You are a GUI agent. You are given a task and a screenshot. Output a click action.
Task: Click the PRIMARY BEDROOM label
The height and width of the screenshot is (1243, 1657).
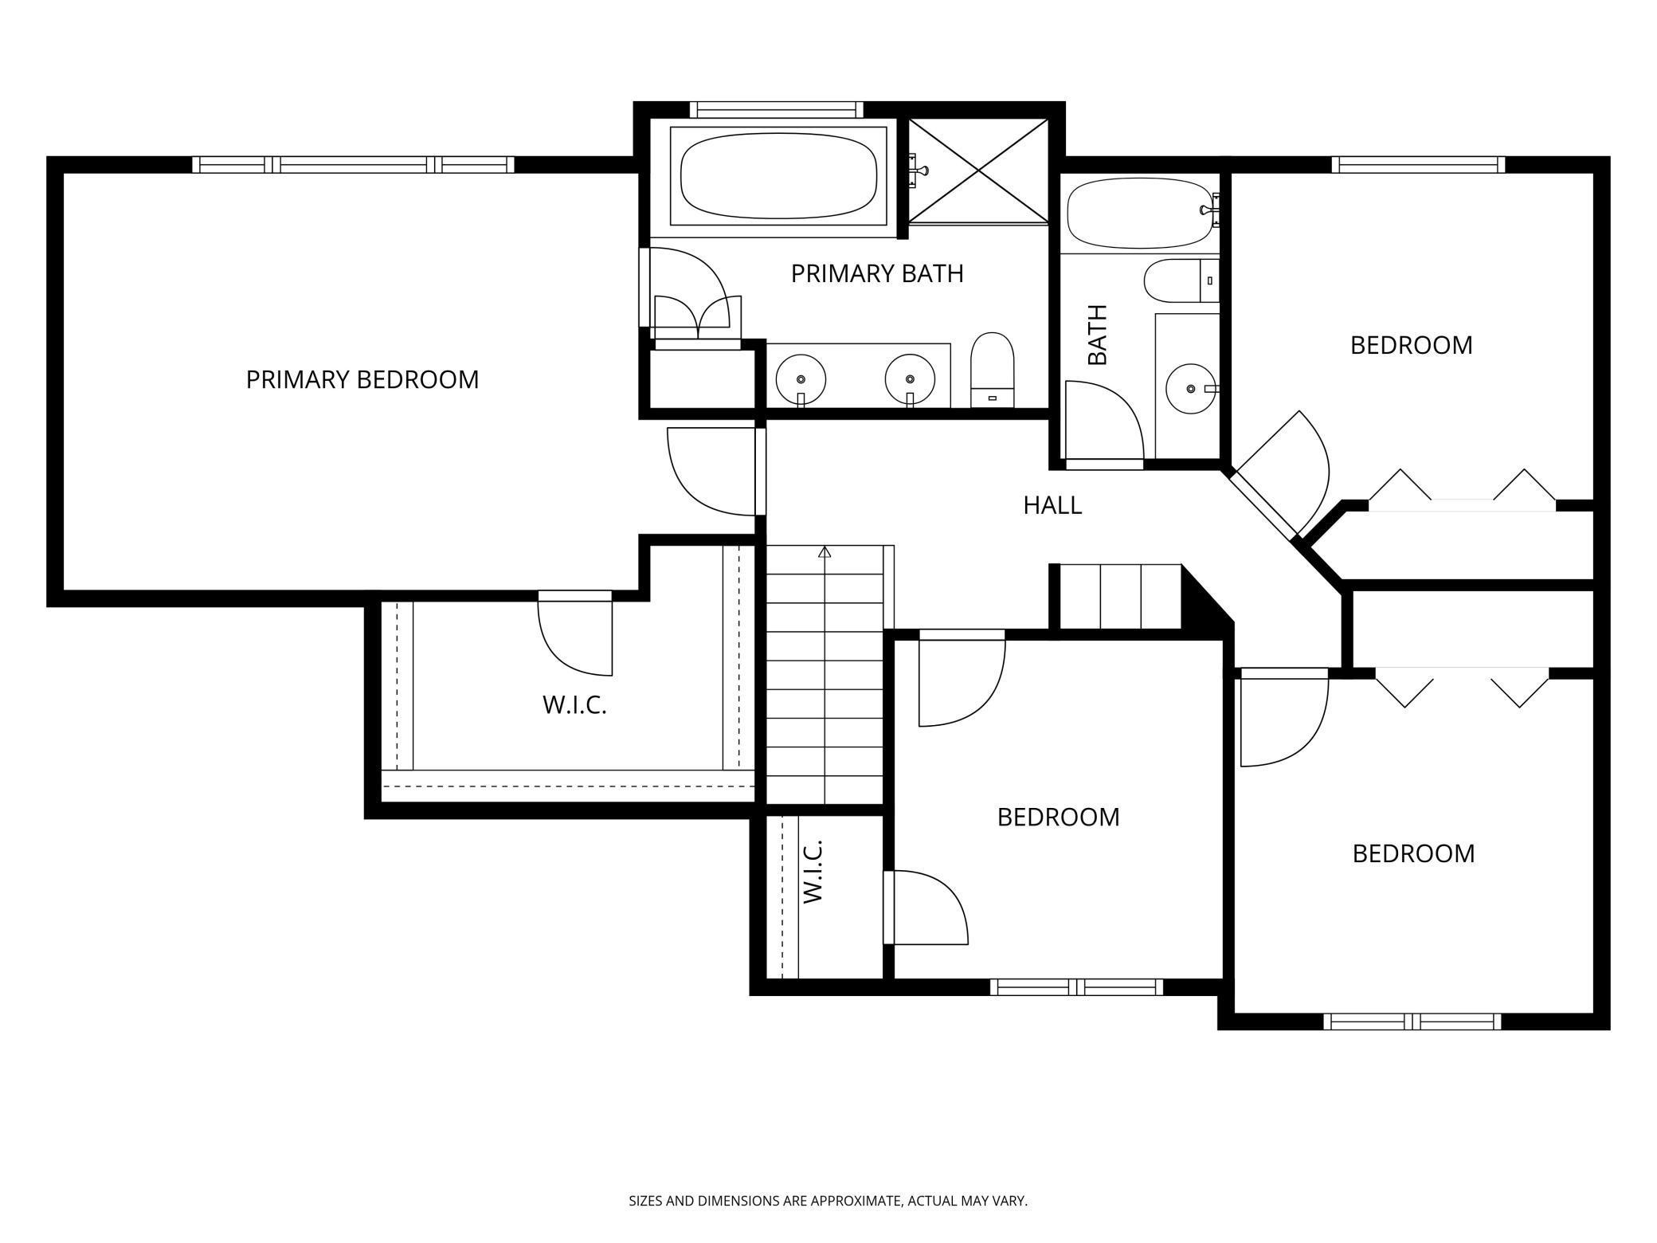362,379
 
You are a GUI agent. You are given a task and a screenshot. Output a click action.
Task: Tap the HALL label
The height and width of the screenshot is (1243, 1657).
1052,505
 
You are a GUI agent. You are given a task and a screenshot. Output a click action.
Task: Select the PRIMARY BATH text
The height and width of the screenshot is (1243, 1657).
876,273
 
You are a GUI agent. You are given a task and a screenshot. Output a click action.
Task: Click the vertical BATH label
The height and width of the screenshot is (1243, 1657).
1098,335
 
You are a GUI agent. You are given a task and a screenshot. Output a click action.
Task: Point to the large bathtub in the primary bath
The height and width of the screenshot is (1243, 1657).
778,176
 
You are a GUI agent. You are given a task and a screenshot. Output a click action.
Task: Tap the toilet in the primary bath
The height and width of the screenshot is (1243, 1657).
992,368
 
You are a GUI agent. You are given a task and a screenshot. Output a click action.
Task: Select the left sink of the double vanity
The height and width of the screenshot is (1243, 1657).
801,380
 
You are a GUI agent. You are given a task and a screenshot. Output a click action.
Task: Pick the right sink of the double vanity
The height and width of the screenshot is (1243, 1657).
909,380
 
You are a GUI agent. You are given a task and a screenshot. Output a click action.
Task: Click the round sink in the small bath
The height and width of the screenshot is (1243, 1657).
1190,389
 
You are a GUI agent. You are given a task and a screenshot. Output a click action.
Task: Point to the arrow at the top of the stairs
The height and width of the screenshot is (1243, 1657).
825,551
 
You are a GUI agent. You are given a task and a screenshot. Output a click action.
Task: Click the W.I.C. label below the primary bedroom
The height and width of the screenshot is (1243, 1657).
574,705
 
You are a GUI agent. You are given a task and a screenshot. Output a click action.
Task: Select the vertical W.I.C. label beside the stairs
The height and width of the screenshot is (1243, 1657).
812,871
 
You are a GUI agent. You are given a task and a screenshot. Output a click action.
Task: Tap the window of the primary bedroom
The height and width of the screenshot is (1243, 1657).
353,165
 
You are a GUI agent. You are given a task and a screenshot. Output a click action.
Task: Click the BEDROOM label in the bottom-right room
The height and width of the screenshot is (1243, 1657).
1413,853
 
